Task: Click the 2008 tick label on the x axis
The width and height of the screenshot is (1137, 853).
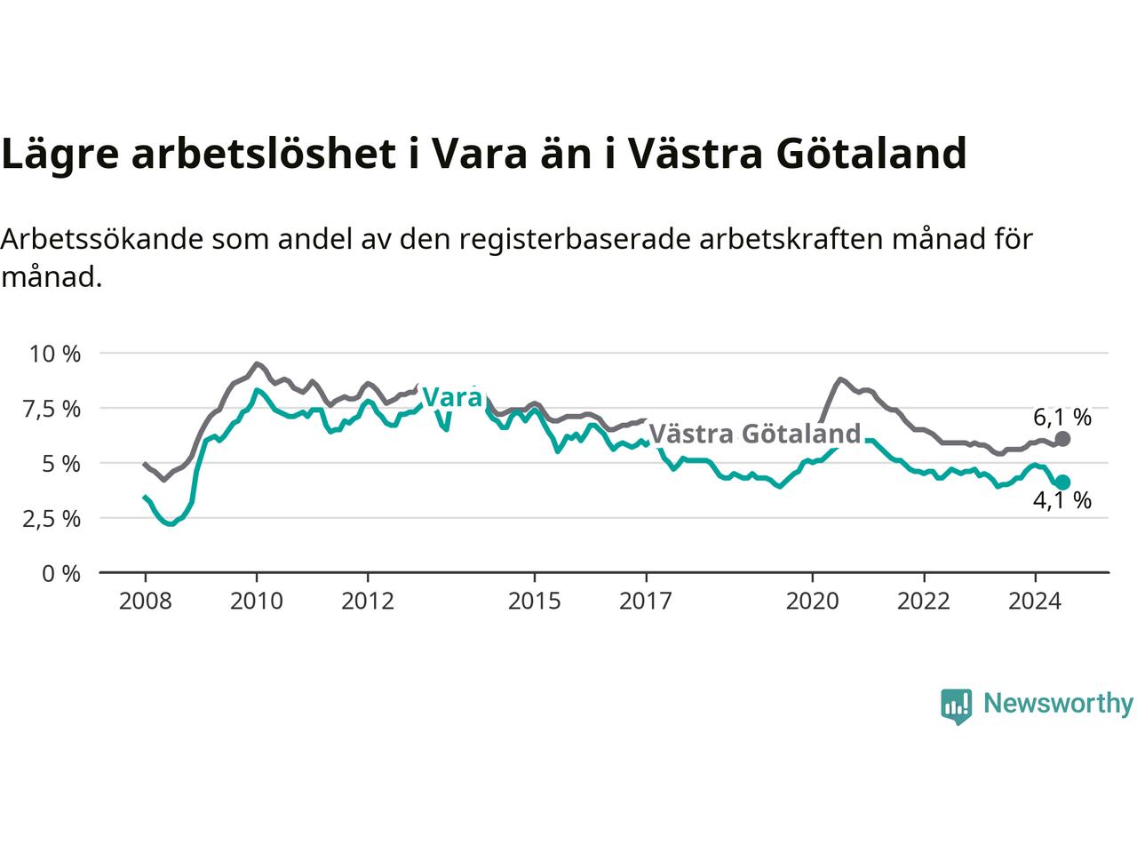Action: (145, 602)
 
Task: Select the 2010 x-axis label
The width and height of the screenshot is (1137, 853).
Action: (257, 602)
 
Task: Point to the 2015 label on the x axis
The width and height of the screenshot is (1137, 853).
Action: (535, 602)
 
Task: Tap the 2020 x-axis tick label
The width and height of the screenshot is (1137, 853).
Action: (812, 602)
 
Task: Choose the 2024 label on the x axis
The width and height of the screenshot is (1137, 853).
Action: (1035, 602)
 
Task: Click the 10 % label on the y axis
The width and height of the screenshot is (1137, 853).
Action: (55, 355)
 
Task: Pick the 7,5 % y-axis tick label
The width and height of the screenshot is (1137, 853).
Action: (52, 410)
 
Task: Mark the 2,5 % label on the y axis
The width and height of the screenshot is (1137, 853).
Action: (52, 519)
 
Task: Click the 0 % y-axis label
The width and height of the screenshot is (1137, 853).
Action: (61, 574)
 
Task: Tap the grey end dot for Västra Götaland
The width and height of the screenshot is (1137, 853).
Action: (1062, 439)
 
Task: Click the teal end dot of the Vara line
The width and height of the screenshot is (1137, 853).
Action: (1062, 482)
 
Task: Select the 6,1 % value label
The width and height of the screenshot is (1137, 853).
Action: (1062, 418)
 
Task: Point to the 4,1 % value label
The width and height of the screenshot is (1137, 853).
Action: (1062, 501)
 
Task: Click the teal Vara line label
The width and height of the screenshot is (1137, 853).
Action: (453, 397)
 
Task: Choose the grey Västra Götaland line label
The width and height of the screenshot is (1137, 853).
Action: (755, 434)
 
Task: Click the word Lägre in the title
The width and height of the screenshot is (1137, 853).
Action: (60, 155)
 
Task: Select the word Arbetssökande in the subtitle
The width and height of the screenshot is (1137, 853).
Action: (101, 239)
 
